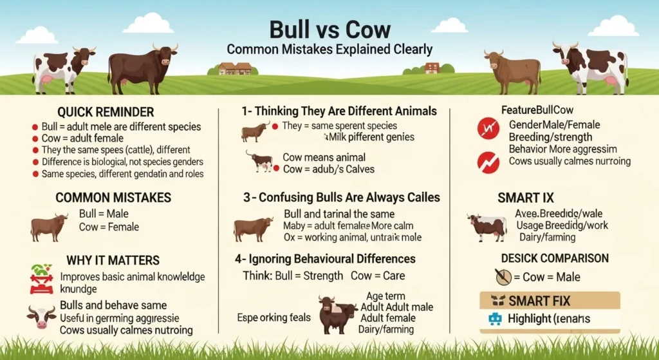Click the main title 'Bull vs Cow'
tap(329, 30)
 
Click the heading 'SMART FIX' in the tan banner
tap(539, 300)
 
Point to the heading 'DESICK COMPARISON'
tap(554, 258)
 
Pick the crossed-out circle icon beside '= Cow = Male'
tap(503, 277)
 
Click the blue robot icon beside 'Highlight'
tap(495, 318)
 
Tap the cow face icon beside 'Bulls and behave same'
tap(41, 315)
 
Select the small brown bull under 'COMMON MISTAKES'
tap(50, 227)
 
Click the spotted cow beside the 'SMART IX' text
tap(487, 227)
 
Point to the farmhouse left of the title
tap(235, 68)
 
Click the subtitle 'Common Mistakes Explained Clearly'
tap(329, 49)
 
